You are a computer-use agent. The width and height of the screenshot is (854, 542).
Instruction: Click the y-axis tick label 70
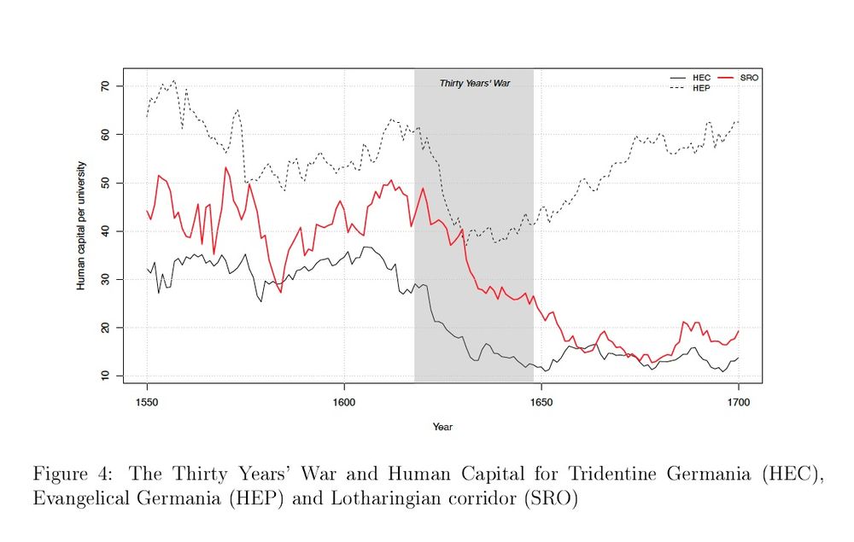105,86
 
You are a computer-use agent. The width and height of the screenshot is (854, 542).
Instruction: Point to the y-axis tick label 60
105,135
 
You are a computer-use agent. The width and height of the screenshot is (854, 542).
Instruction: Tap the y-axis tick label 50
105,183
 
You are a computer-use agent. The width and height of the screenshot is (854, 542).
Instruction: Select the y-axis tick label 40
105,231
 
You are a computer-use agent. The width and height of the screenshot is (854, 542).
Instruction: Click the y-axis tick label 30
105,279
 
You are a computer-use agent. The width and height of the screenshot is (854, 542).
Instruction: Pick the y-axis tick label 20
105,328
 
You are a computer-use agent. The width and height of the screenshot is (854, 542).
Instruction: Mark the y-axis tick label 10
105,376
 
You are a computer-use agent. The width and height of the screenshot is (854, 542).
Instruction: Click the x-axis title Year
442,427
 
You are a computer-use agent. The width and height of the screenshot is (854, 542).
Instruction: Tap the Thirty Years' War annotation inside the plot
475,84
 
